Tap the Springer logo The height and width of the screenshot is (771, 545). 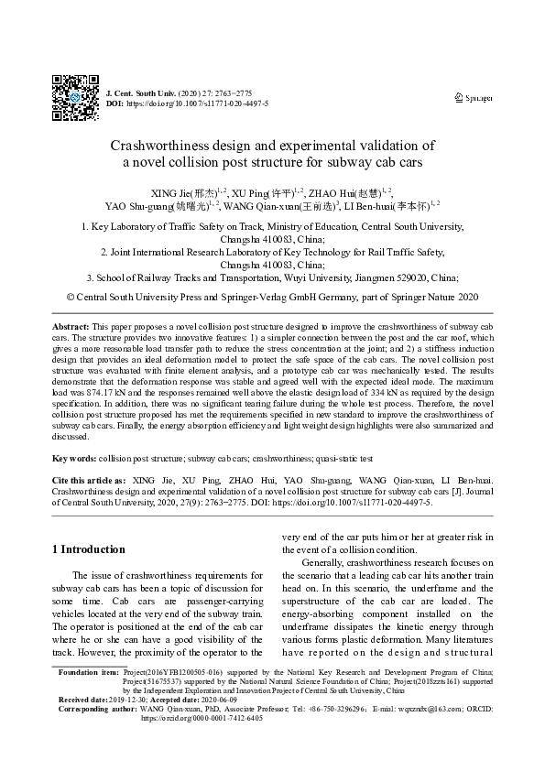click(474, 97)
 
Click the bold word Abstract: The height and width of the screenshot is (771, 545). click(70, 327)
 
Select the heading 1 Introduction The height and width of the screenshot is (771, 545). click(88, 549)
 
